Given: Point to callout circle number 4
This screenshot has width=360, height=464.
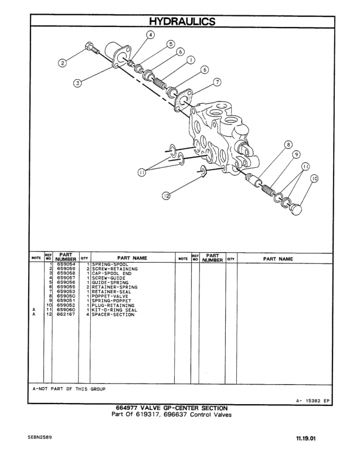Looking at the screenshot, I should (x=150, y=35).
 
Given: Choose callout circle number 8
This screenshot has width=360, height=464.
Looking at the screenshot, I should (x=288, y=144).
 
